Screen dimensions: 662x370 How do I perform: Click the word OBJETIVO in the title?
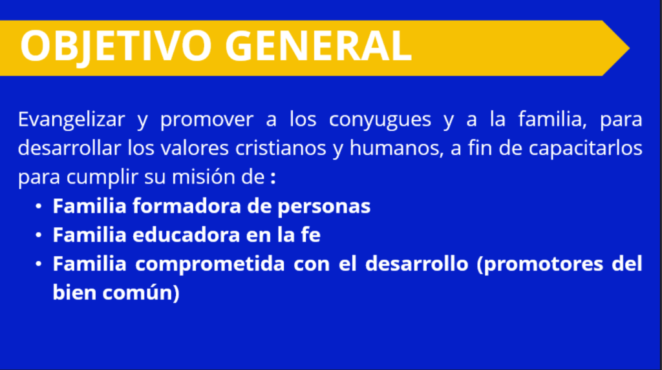(x=116, y=46)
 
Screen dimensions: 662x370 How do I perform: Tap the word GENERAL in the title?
(x=318, y=46)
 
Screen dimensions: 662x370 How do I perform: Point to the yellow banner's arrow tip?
(x=629, y=48)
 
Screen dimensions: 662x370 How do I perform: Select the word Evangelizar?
(x=71, y=120)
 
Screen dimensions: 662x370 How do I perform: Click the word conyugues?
(x=380, y=120)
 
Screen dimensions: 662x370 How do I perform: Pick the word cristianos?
(x=281, y=148)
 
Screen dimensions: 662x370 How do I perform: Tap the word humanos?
(x=396, y=149)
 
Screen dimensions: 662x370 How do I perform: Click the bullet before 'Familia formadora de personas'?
(x=38, y=206)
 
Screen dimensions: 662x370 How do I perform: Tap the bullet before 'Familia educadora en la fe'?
(x=38, y=235)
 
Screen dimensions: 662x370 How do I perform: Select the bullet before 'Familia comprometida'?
(x=38, y=264)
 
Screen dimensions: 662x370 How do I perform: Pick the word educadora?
(x=186, y=235)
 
